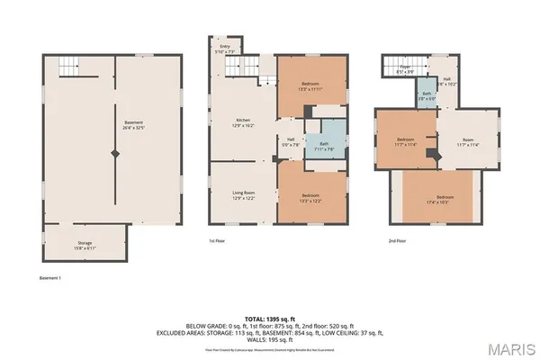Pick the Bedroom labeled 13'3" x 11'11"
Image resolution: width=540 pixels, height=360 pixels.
coord(310,86)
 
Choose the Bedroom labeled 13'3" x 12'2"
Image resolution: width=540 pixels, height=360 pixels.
coord(310,198)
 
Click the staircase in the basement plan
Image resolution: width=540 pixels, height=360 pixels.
coord(68,66)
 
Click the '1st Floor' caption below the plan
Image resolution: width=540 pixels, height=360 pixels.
coord(216,241)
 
